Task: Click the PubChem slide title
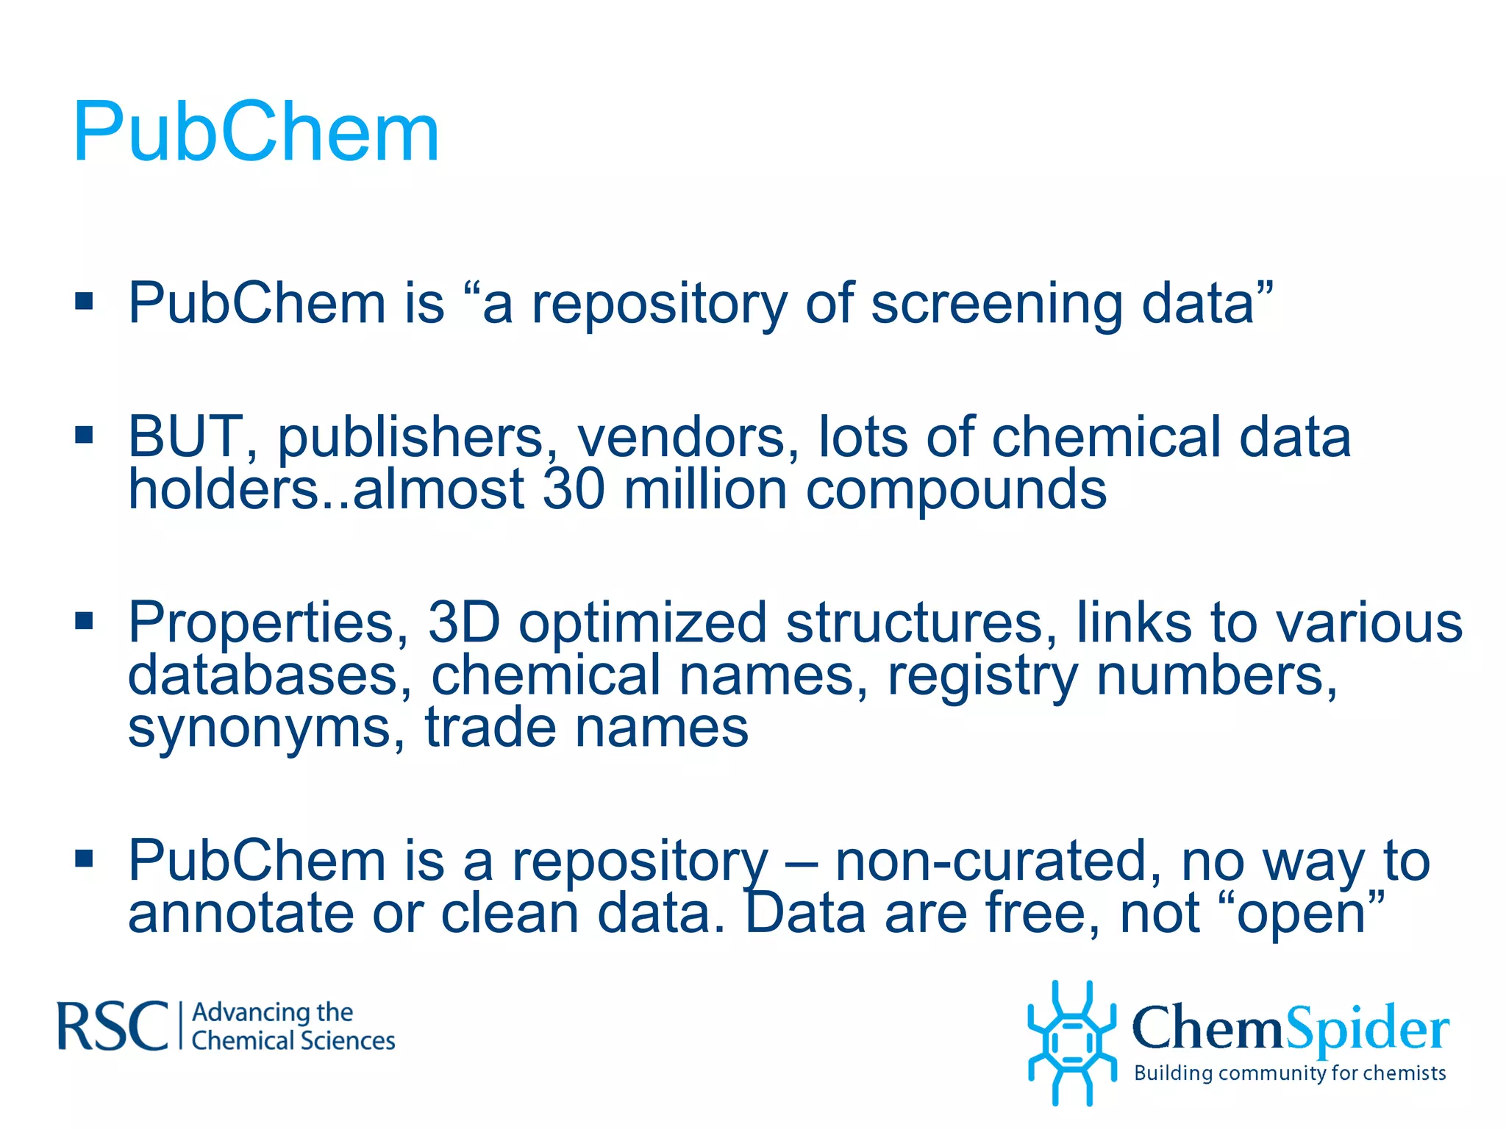click(x=256, y=132)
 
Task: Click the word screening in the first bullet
click(x=996, y=303)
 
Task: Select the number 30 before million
click(x=574, y=489)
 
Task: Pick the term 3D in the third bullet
click(x=464, y=622)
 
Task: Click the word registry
click(x=982, y=676)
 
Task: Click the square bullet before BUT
click(x=84, y=435)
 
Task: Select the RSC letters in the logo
click(x=113, y=1026)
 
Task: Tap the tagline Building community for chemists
click(x=1290, y=1073)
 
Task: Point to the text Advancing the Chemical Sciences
click(x=293, y=1026)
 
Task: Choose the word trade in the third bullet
click(x=490, y=728)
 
